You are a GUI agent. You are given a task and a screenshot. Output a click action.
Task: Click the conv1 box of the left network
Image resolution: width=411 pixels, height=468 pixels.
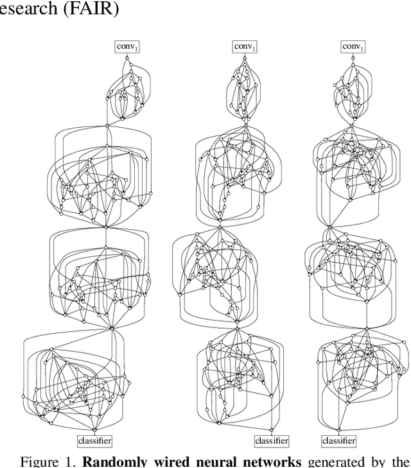127,47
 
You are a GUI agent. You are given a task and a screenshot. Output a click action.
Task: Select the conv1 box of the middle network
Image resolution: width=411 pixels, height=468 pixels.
245,47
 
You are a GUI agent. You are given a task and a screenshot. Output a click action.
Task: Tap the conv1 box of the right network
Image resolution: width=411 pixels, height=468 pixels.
353,47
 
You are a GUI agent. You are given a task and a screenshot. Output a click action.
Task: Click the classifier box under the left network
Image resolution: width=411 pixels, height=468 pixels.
94,441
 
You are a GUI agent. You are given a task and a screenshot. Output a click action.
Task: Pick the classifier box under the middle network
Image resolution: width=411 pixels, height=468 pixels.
272,441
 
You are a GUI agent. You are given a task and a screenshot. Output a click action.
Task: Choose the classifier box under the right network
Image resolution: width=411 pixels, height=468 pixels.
339,441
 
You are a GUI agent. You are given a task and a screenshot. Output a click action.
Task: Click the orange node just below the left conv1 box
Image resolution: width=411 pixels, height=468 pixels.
127,58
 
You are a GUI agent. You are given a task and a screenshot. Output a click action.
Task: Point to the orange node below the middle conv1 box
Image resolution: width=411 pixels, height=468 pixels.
245,58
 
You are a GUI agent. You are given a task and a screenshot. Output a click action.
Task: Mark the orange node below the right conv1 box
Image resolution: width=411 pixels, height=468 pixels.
353,58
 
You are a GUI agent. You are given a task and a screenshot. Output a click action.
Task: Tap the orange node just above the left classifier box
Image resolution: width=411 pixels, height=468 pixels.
94,430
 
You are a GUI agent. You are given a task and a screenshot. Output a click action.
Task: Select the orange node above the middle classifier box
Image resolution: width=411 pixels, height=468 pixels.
271,430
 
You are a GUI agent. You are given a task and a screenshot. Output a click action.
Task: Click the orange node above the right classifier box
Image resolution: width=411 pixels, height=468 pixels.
339,430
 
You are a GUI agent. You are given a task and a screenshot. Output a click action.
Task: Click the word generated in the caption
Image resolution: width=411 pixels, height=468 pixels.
336,462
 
